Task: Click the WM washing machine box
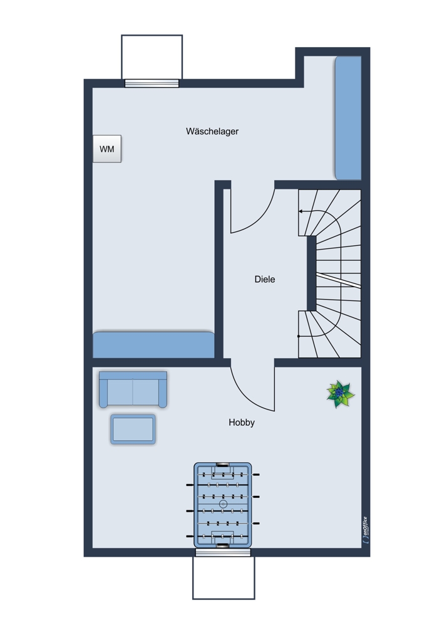[107, 149]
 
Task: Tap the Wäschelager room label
[212, 131]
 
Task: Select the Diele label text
[265, 279]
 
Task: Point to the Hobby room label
[242, 422]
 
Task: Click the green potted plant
[340, 394]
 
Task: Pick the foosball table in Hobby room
[223, 505]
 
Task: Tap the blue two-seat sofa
[133, 389]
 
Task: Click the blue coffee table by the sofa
[133, 429]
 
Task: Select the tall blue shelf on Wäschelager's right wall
[348, 118]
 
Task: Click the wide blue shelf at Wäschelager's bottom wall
[154, 345]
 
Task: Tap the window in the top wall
[152, 83]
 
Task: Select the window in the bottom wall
[224, 552]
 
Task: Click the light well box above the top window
[152, 57]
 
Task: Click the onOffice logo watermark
[364, 530]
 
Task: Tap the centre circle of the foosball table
[224, 505]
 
